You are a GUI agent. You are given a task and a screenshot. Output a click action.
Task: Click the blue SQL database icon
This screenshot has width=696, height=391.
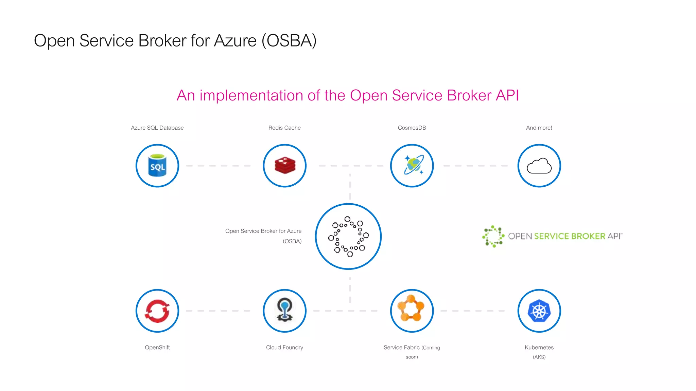(157, 166)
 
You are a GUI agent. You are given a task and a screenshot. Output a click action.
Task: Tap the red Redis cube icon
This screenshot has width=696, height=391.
(285, 166)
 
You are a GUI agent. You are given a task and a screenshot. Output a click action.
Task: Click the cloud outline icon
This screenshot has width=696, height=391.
(539, 166)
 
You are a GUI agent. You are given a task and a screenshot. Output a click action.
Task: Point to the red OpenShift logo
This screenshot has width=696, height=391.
(157, 311)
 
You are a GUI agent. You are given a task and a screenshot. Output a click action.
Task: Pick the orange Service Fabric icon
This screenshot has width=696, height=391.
(412, 309)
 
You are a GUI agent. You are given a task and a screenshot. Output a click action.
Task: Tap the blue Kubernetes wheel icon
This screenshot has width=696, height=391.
(539, 311)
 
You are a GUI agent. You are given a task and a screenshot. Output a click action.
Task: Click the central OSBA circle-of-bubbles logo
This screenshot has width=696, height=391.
(348, 237)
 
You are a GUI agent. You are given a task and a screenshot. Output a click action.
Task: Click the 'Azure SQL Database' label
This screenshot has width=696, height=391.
(157, 128)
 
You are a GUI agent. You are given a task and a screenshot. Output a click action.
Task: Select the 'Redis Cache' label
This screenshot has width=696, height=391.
(284, 128)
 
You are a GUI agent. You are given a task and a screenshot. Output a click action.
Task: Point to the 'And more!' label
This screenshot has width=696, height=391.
(539, 128)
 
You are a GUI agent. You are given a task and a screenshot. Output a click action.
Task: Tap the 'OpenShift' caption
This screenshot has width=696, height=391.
(157, 348)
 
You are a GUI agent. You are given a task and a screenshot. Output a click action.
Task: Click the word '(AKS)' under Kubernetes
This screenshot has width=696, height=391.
(539, 357)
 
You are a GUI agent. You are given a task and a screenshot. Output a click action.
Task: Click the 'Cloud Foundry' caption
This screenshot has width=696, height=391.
(284, 348)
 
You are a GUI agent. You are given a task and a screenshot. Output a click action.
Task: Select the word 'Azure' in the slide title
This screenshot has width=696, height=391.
(235, 41)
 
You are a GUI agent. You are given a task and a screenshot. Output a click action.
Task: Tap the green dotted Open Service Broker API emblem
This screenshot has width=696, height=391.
(493, 236)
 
